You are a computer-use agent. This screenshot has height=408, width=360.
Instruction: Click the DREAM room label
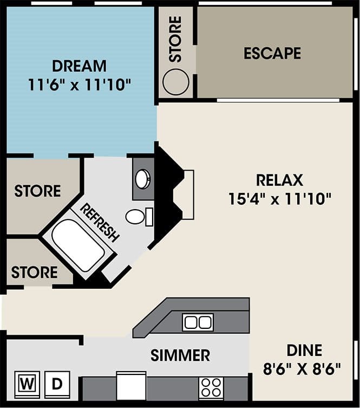[80, 66]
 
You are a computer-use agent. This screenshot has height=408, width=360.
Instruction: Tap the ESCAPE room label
[272, 53]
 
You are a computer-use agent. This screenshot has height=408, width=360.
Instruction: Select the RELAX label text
[279, 180]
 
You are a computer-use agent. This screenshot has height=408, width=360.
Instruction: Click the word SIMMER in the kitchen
[180, 355]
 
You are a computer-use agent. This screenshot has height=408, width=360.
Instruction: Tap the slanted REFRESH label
[100, 222]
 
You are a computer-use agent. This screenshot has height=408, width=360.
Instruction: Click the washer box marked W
[25, 384]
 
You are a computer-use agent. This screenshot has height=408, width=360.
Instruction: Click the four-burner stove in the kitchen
[211, 388]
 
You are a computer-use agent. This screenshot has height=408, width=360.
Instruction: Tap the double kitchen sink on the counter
[198, 322]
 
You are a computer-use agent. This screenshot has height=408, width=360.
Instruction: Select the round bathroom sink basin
[143, 179]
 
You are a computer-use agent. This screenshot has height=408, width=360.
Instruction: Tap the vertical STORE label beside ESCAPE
[175, 39]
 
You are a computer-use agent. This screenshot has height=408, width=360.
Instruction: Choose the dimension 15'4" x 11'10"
[279, 199]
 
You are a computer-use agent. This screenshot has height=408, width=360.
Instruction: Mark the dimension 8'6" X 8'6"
[303, 370]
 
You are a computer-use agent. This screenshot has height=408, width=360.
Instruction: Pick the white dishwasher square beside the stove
[132, 386]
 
